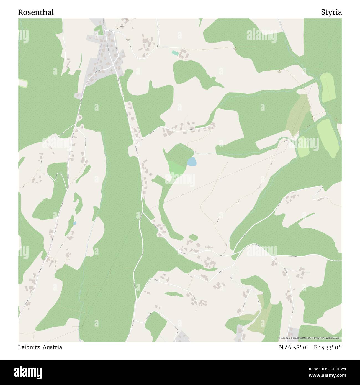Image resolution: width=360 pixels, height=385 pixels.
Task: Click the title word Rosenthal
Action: (36, 12)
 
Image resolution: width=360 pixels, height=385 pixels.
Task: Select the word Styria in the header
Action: (331, 12)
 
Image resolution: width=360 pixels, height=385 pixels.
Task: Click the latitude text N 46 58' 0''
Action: (294, 347)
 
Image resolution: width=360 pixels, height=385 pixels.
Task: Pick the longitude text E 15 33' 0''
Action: (328, 347)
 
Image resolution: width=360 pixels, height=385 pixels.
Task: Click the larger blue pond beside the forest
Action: (191, 161)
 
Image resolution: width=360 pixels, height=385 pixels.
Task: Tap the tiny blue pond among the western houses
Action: (74, 223)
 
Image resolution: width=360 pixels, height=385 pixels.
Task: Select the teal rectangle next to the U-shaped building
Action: (175, 53)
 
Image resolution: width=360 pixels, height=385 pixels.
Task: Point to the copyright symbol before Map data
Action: (279, 338)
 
